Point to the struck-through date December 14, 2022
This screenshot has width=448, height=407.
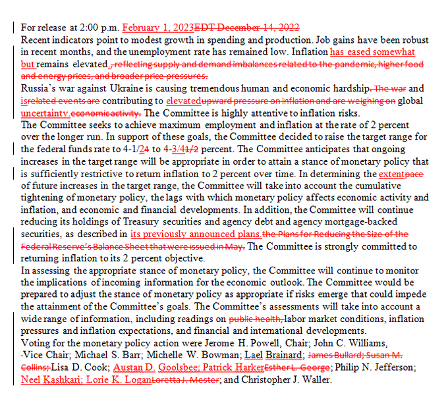(x=258, y=28)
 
